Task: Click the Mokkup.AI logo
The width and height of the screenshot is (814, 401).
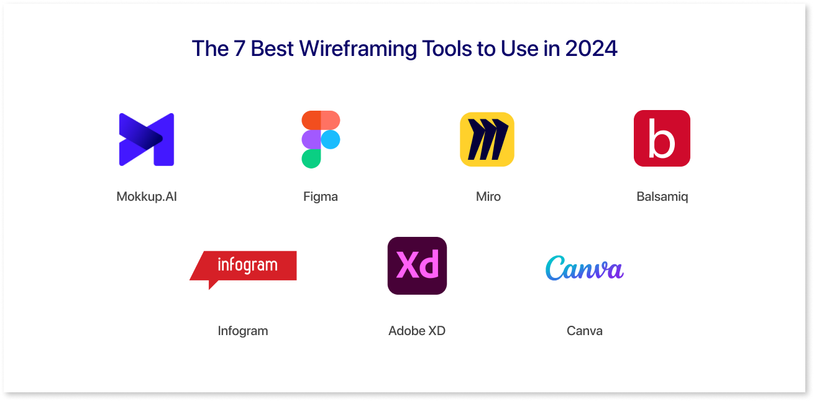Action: (x=147, y=140)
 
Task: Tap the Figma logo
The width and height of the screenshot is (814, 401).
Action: (x=321, y=139)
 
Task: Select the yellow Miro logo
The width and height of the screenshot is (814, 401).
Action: (x=487, y=139)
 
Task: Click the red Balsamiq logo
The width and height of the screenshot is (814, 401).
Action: (x=662, y=139)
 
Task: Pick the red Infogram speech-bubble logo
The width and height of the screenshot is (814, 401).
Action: (x=243, y=269)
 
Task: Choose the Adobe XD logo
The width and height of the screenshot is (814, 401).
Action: (x=417, y=265)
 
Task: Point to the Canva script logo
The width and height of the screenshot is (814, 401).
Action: (x=584, y=268)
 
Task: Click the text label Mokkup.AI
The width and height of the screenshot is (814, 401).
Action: (x=147, y=196)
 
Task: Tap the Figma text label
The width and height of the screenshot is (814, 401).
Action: (x=321, y=197)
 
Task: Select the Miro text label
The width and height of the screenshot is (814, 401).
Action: (x=488, y=196)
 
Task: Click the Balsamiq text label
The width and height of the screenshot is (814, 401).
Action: (x=662, y=197)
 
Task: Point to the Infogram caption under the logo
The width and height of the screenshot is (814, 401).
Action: (x=243, y=331)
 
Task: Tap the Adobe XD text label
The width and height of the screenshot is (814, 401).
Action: (x=417, y=331)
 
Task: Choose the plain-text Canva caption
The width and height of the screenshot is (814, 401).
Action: (x=584, y=331)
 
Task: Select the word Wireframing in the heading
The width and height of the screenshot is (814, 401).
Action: (x=357, y=49)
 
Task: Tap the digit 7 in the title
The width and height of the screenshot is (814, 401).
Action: (x=239, y=48)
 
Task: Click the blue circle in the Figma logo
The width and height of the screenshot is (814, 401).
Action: (x=331, y=140)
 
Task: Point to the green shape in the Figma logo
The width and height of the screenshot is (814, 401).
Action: (x=311, y=159)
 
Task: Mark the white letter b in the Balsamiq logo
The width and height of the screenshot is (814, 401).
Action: (x=662, y=139)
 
